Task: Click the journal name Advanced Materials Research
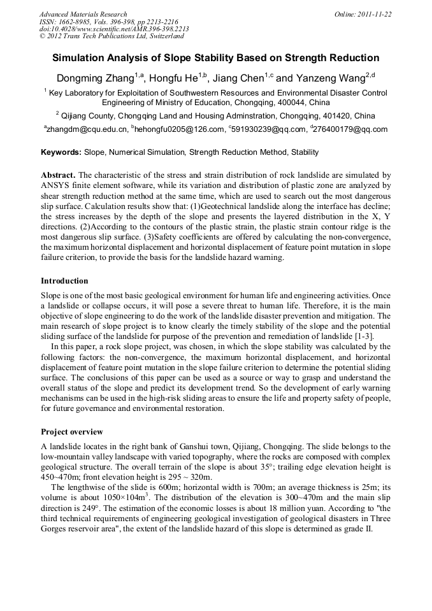click(83, 14)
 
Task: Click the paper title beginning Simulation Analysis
click(215, 57)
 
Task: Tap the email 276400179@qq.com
click(350, 129)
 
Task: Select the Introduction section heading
click(64, 281)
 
